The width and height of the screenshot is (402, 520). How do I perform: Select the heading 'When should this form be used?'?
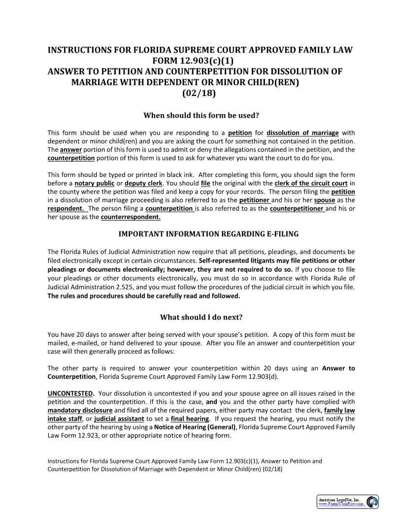point(201,115)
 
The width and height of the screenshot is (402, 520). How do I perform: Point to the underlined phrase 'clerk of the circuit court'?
point(311,183)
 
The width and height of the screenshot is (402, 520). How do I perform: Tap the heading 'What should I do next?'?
point(201,317)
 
